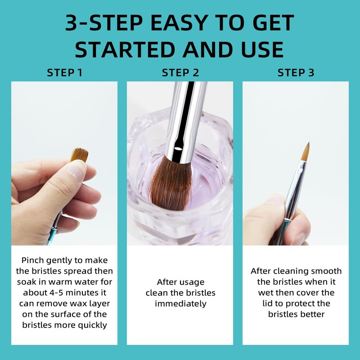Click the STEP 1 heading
coord(64,72)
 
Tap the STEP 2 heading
coord(180,72)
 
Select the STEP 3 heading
coord(296,72)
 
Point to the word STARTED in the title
coord(125,49)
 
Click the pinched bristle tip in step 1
coord(80,155)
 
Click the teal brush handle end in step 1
coord(51,237)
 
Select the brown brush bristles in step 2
coord(171,183)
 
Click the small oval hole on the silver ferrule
coord(177,148)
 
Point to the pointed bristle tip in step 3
coord(308,143)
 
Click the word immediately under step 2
coord(180,304)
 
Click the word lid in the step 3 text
coord(267,303)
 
